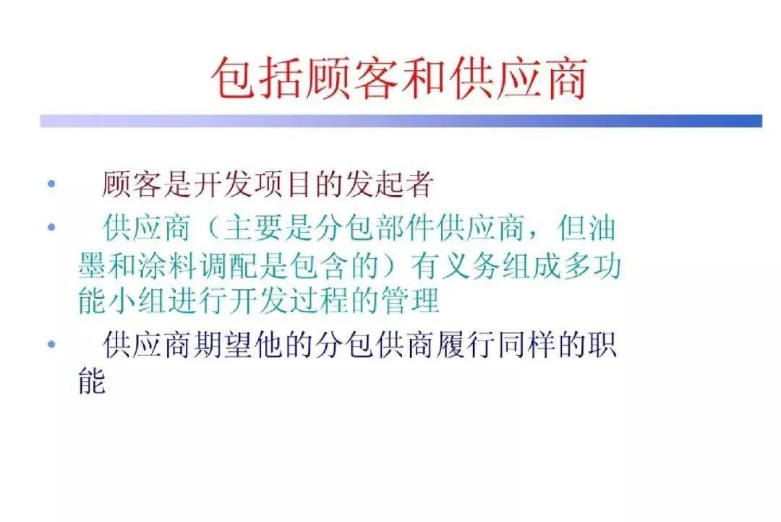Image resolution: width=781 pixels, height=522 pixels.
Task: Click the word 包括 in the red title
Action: (257, 78)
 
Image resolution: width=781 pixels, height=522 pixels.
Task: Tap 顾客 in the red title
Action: (351, 78)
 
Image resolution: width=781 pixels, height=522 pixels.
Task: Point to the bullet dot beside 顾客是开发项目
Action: (51, 184)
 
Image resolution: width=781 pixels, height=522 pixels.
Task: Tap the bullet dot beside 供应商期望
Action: (51, 344)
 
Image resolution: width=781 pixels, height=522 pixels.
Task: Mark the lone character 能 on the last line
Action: (91, 382)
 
